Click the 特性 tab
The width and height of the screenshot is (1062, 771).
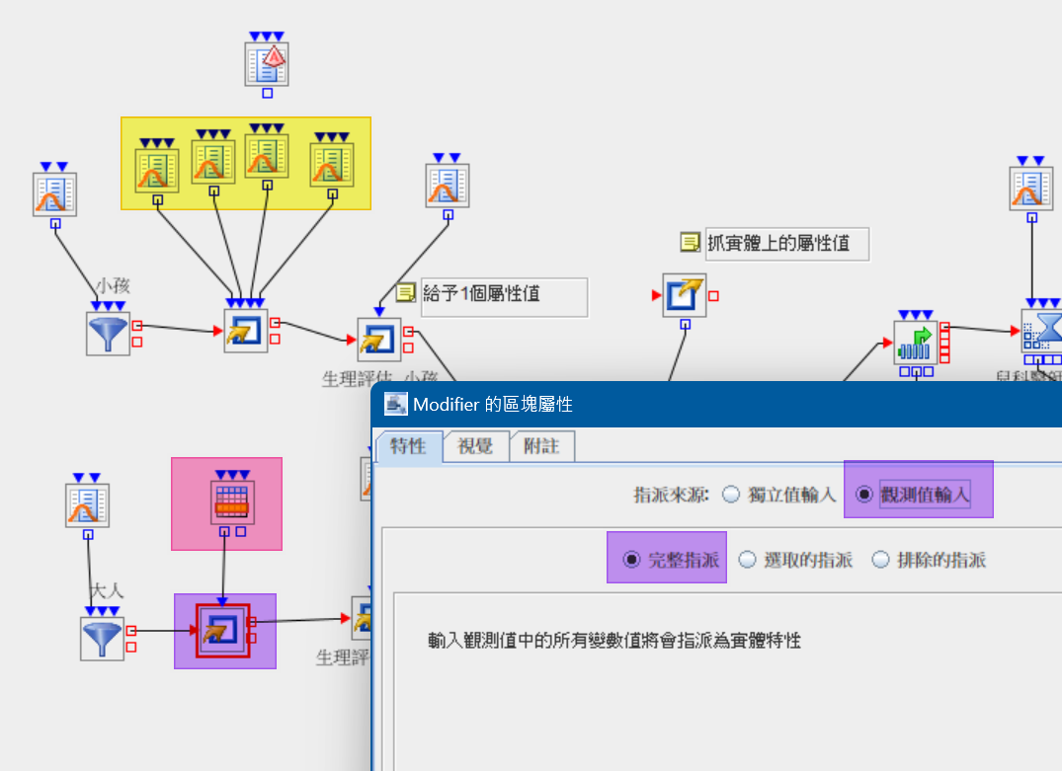408,446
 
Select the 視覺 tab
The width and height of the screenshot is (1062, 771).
476,446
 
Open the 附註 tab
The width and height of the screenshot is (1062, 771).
542,446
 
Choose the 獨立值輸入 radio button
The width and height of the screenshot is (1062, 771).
731,496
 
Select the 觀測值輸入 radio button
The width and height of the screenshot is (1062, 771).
863,495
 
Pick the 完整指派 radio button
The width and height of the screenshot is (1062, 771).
631,560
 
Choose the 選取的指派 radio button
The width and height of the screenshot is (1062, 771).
747,560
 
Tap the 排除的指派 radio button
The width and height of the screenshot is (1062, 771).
880,560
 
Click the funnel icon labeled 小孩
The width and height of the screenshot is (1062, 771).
108,334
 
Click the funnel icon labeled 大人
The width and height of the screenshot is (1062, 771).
102,639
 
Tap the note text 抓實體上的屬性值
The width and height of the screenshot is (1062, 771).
778,242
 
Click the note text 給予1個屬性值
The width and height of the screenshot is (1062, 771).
482,293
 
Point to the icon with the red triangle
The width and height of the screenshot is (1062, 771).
267,64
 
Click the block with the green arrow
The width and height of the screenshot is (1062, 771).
915,343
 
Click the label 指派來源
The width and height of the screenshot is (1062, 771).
671,496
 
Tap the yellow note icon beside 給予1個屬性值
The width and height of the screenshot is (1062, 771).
405,293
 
